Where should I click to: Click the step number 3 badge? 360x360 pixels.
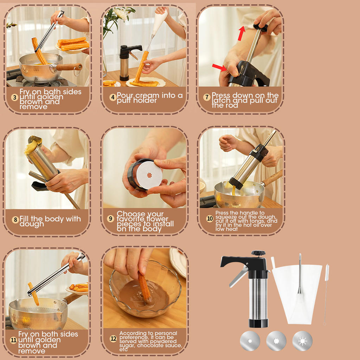(15, 98)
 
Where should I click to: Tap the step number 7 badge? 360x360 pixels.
(207, 97)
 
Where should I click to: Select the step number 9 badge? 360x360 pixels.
(110, 218)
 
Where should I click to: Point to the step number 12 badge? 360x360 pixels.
(114, 339)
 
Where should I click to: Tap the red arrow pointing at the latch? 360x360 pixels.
(219, 67)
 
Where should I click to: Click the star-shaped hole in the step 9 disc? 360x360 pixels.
(149, 175)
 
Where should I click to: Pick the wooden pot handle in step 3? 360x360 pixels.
(69, 67)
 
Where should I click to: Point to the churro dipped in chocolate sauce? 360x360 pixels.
(144, 286)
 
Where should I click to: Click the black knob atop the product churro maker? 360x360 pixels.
(258, 253)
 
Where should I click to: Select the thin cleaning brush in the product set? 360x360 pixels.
(326, 294)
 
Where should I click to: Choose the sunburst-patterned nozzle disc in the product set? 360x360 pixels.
(302, 341)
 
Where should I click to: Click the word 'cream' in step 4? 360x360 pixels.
(147, 95)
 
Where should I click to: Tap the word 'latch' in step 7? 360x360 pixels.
(221, 100)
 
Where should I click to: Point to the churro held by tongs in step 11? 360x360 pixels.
(33, 294)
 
